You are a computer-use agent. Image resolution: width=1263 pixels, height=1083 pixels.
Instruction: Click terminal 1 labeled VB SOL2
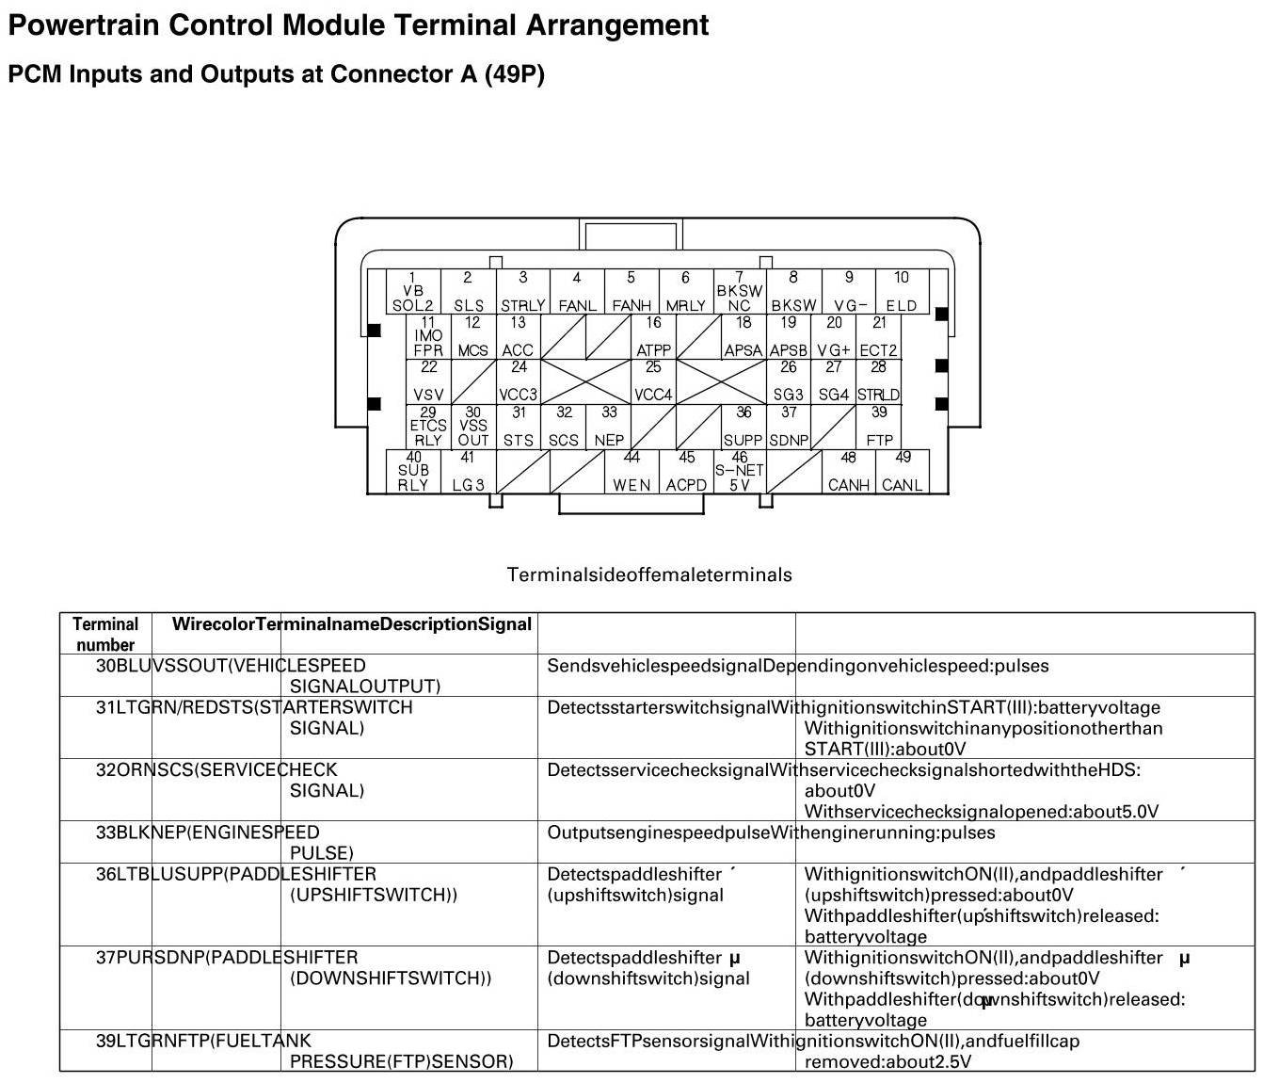(413, 292)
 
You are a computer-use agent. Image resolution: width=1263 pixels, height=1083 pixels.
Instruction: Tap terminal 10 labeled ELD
(902, 292)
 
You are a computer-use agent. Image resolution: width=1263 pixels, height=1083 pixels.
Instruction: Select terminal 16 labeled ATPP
(653, 337)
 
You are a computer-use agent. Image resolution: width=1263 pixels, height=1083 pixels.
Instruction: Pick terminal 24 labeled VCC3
(519, 381)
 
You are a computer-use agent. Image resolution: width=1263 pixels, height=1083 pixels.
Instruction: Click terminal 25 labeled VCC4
(653, 381)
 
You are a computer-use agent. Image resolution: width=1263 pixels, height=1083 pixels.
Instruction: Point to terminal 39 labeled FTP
(879, 427)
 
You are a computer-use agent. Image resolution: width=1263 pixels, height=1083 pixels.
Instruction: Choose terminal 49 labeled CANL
(902, 472)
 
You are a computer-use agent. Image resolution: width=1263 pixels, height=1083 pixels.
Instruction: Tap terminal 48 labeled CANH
(848, 472)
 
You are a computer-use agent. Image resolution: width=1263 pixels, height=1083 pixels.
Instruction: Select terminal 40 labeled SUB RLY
(413, 472)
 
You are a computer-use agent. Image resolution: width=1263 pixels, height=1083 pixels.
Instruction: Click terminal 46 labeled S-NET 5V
(740, 472)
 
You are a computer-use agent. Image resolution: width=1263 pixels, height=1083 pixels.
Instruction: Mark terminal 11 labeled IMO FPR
(428, 337)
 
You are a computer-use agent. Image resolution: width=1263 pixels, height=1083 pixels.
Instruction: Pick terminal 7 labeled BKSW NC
(739, 292)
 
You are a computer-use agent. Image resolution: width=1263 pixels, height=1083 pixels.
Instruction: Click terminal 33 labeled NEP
(609, 427)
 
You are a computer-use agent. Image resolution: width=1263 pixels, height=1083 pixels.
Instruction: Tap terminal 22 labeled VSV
(428, 381)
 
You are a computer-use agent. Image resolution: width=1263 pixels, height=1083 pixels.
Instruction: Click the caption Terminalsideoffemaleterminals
(649, 574)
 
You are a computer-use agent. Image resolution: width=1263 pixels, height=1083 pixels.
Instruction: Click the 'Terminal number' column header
(105, 634)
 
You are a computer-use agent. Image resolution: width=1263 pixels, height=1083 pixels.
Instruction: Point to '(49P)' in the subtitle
(514, 73)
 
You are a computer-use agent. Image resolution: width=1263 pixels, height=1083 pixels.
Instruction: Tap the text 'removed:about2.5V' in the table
(887, 1061)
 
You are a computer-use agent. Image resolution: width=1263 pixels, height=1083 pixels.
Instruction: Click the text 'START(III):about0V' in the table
(885, 749)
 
